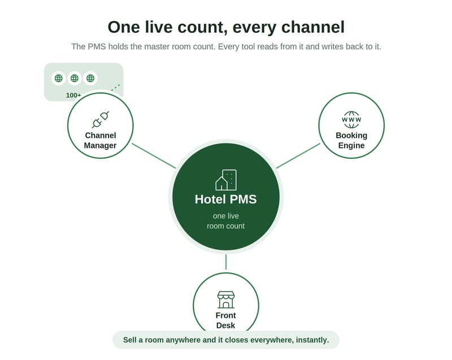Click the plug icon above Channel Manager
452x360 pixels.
[101, 120]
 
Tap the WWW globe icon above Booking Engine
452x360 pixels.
[351, 120]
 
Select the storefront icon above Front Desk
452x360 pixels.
[225, 300]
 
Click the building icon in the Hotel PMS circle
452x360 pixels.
[226, 180]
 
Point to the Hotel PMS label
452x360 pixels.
[225, 199]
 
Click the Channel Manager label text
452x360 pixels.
[101, 140]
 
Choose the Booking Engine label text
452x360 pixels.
[351, 140]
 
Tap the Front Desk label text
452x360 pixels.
[225, 320]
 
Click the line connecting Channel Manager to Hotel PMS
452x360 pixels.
[154, 155]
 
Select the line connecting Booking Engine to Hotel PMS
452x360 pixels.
[298, 155]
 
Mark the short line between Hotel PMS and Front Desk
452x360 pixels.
[226, 262]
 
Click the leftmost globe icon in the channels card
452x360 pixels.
[59, 78]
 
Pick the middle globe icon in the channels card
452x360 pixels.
[75, 78]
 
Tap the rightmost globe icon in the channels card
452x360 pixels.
[90, 78]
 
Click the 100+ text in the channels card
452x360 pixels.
[73, 96]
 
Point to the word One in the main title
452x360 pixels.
[124, 27]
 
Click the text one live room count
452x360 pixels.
[225, 221]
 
